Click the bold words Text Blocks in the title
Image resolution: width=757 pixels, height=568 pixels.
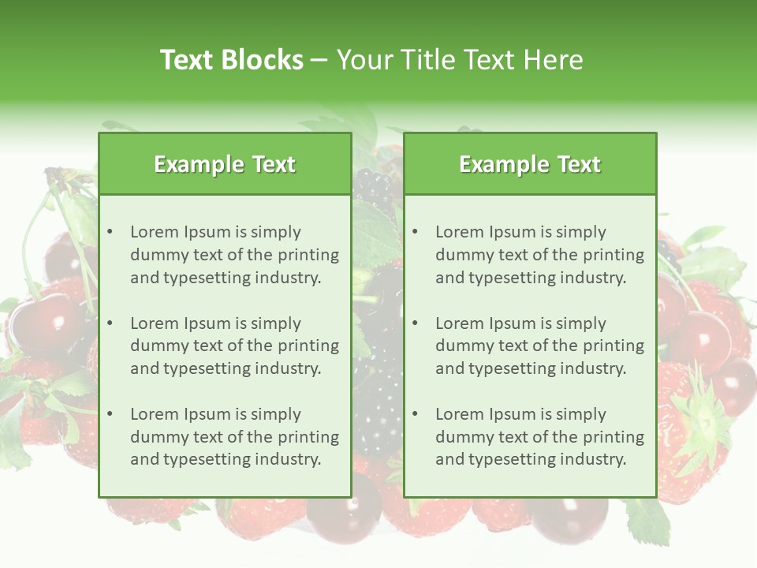[231, 60]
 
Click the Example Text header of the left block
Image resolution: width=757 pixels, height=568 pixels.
[225, 164]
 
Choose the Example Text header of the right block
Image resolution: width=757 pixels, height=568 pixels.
[530, 164]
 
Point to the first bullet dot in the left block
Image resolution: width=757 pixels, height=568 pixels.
[110, 232]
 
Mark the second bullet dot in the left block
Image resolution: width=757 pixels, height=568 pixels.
[110, 323]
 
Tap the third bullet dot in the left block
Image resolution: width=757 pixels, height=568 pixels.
[110, 414]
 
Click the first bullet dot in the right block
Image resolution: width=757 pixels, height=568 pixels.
[415, 232]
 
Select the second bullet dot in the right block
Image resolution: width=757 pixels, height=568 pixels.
[415, 323]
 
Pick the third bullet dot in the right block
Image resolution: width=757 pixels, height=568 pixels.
[415, 414]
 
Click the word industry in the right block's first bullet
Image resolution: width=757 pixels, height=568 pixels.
[596, 278]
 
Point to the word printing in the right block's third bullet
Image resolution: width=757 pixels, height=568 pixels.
[612, 437]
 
